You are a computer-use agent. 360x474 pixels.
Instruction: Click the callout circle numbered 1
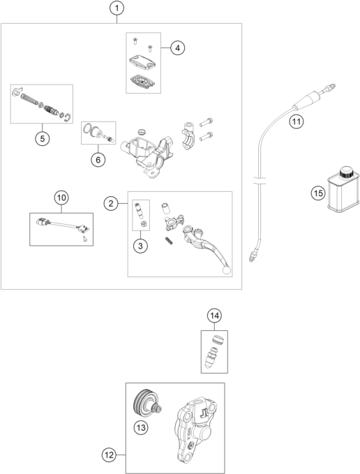(x=117, y=8)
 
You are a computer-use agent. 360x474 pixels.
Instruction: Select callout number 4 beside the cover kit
(x=178, y=47)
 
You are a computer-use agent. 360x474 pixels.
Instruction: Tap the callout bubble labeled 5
(x=43, y=139)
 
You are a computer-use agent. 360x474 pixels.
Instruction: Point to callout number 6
(x=98, y=159)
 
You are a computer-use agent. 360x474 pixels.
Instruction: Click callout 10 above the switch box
(x=61, y=198)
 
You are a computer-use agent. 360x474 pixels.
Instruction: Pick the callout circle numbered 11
(x=297, y=121)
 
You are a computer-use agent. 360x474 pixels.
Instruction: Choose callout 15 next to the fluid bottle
(x=318, y=193)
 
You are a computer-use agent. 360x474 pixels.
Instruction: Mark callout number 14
(x=214, y=316)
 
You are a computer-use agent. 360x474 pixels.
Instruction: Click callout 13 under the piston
(x=141, y=428)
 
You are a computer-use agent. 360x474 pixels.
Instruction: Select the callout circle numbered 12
(x=109, y=454)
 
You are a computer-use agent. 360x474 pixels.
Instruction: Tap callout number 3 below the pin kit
(x=140, y=246)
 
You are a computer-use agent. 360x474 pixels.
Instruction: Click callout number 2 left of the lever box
(x=111, y=203)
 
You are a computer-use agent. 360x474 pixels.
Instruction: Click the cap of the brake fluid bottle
(x=346, y=172)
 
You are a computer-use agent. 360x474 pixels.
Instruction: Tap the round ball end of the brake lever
(x=227, y=270)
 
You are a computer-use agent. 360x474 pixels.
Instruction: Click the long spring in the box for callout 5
(x=29, y=99)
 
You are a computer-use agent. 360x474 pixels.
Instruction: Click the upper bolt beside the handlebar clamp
(x=206, y=122)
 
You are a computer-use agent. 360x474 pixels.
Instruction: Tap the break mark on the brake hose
(x=260, y=181)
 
